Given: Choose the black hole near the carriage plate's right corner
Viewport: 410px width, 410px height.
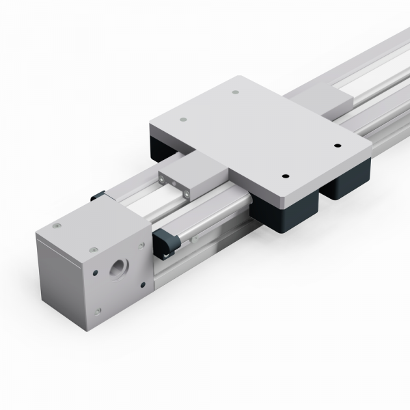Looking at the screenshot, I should click(338, 146).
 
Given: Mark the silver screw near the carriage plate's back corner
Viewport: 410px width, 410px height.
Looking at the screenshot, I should click(235, 92).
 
